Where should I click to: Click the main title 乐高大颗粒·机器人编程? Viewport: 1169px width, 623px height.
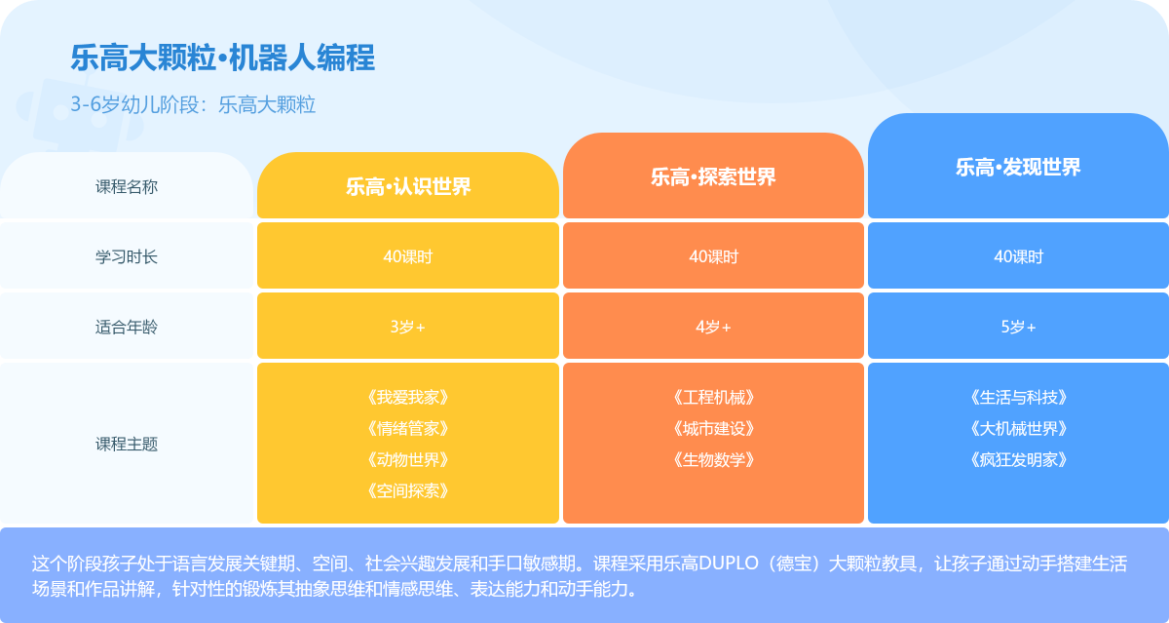pos(223,58)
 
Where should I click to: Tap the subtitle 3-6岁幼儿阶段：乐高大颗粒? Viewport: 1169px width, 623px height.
pos(193,105)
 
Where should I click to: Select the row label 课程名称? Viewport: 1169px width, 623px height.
pos(127,186)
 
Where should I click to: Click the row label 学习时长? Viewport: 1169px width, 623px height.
pos(127,256)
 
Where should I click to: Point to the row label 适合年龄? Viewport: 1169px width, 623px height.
pos(127,327)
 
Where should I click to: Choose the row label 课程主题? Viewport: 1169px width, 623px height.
pos(127,444)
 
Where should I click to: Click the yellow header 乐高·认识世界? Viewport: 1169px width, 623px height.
pos(408,186)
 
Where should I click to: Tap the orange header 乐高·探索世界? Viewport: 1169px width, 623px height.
pos(713,177)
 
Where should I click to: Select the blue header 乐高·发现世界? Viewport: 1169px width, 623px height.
pos(1018,167)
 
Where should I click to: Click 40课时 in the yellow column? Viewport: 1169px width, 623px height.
pos(408,256)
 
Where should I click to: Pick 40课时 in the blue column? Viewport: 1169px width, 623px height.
pos(1018,256)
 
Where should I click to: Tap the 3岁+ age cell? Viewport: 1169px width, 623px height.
pos(408,327)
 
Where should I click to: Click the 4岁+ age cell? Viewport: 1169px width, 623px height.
pos(713,327)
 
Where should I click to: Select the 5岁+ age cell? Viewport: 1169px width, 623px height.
pos(1018,327)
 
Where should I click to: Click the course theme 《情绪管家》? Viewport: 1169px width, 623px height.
pos(408,429)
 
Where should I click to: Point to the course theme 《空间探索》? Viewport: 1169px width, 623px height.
pos(408,490)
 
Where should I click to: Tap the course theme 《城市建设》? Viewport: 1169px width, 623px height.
pos(713,429)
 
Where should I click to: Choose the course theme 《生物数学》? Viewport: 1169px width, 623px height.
pos(713,460)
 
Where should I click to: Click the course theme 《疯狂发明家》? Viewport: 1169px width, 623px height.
pos(1018,460)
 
